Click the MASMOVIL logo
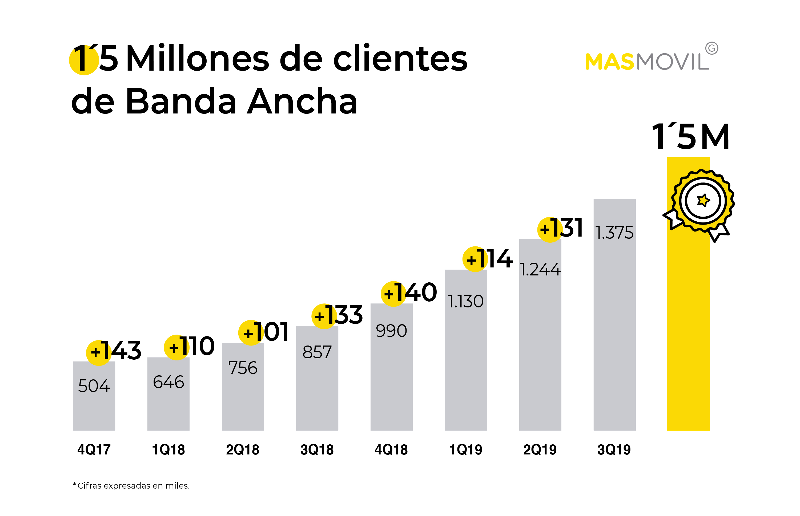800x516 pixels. [647, 61]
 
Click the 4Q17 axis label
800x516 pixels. [94, 450]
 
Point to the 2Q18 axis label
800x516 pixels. [242, 450]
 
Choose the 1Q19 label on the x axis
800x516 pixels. [465, 450]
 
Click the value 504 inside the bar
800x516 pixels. [94, 386]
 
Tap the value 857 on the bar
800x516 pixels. [317, 352]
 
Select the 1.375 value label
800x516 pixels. [614, 233]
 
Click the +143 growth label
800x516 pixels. [114, 351]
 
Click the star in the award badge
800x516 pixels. [703, 200]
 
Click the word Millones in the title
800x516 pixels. [198, 59]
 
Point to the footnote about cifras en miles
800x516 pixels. [131, 486]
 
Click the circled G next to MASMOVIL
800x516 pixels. [711, 48]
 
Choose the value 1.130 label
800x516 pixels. [465, 301]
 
